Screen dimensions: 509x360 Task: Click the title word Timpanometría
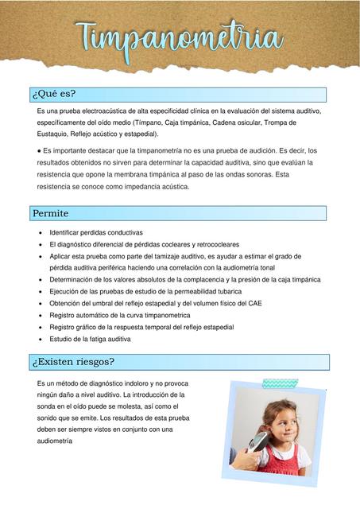180,37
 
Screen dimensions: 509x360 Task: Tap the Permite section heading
50,213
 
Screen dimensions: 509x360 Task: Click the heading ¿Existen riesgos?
73,361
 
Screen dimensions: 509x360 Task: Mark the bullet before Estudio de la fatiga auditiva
41,339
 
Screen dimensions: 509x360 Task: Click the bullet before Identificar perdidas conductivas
41,232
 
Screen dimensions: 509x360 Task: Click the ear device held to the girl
258,442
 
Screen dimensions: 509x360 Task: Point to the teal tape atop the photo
280,383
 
